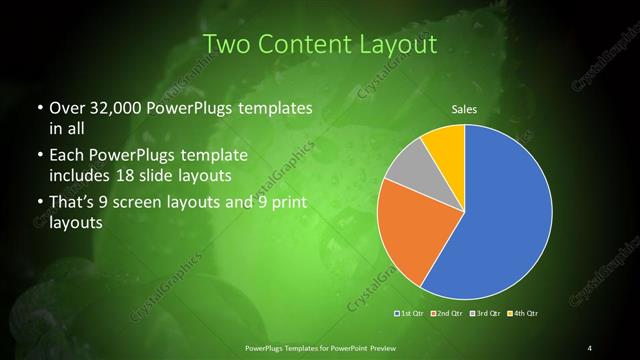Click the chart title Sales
464,109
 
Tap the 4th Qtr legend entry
522,314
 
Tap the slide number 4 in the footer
590,347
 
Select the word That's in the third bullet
71,204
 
